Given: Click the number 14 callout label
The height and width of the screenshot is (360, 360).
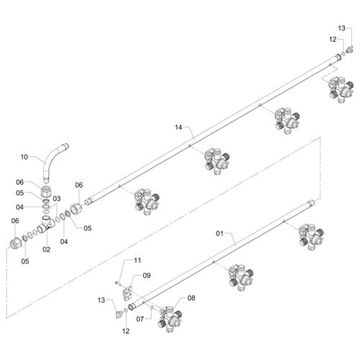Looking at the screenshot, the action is [x=179, y=127].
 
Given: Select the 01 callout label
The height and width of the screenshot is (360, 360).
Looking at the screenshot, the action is [x=220, y=233].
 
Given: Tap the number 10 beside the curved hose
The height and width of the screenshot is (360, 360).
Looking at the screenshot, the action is [x=24, y=157].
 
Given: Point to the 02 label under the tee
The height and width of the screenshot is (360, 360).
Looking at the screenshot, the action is [x=47, y=250].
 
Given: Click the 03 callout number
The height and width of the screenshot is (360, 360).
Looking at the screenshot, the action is [x=57, y=199].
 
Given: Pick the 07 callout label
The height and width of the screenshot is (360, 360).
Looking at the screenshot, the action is [x=140, y=319].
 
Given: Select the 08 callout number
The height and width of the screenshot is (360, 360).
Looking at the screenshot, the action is [x=192, y=298].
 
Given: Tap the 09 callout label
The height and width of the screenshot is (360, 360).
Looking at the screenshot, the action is [x=147, y=276].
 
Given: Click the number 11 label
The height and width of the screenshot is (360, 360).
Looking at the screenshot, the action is [x=138, y=261].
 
